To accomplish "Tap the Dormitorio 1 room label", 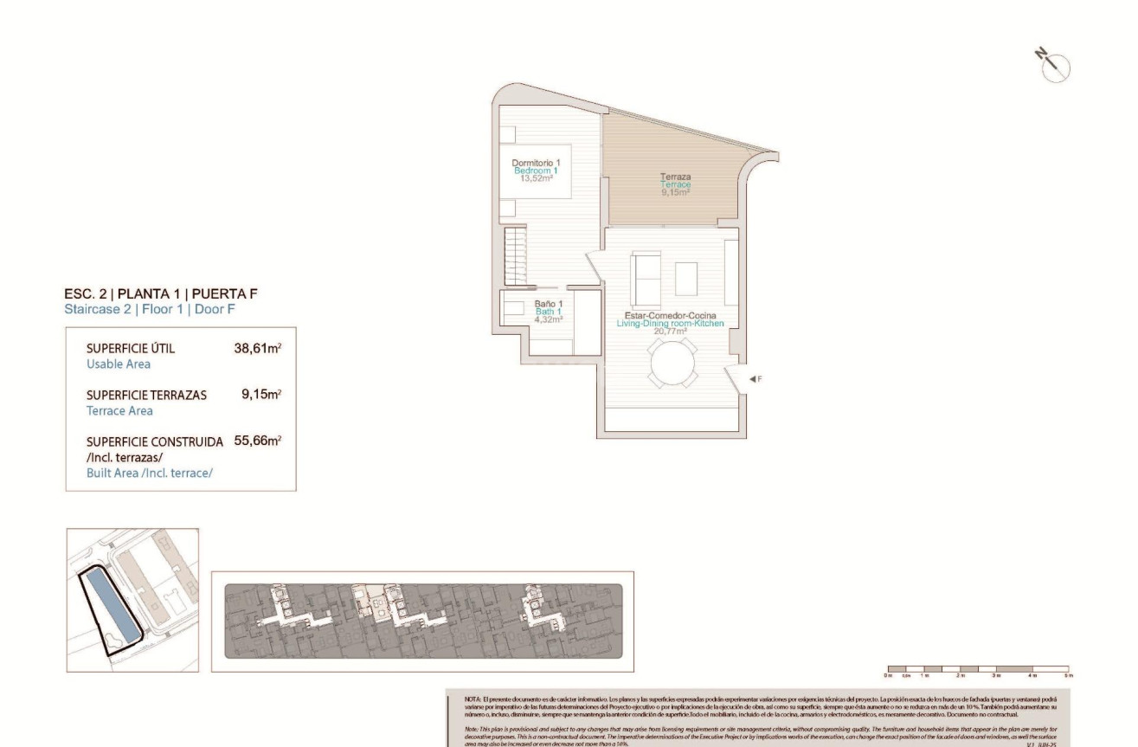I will (x=536, y=163).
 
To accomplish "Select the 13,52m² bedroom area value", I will (x=536, y=179).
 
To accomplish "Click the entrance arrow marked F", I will (x=755, y=379).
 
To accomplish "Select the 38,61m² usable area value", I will (x=258, y=349).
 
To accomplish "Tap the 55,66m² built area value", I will (x=258, y=441).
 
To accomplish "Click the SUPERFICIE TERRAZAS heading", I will (x=146, y=395).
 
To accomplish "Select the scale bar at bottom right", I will (x=978, y=669).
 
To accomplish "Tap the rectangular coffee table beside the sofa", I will (x=686, y=279).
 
